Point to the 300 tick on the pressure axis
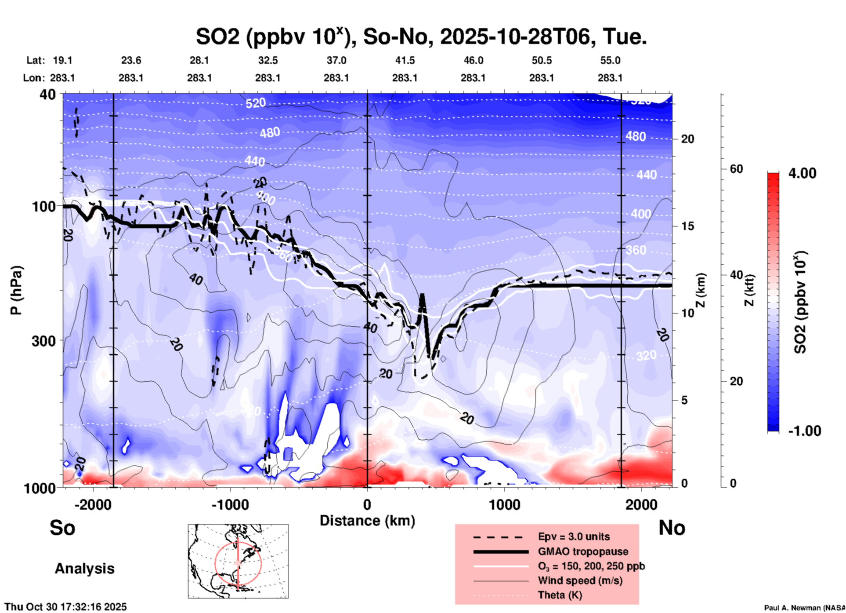click(43, 341)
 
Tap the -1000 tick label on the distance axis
click(230, 505)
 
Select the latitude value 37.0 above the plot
click(336, 60)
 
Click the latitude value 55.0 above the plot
click(610, 60)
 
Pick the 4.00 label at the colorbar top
click(802, 173)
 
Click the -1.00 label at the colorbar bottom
click(804, 431)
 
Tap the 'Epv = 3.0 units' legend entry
click(574, 536)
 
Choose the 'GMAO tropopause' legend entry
click(583, 551)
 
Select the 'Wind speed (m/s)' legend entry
click(580, 580)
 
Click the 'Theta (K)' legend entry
click(560, 595)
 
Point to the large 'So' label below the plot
click(62, 528)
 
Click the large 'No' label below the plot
click(672, 528)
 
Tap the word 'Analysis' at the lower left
click(84, 569)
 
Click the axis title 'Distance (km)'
click(367, 521)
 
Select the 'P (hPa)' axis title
click(16, 290)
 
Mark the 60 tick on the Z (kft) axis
click(736, 169)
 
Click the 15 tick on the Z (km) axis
click(687, 226)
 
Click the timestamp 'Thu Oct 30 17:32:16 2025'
click(66, 607)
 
